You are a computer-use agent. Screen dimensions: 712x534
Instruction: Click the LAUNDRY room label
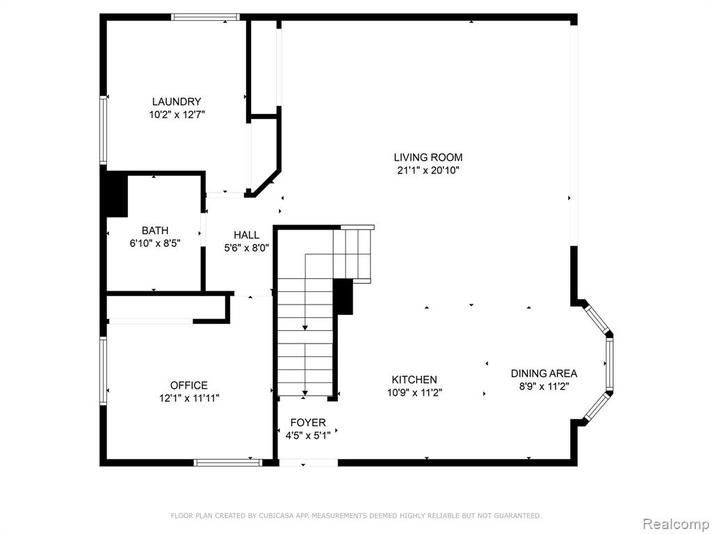176,102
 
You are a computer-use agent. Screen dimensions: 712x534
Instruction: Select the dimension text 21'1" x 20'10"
428,171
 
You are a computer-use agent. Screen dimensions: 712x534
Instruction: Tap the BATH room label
155,230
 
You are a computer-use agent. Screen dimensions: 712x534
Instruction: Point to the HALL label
247,235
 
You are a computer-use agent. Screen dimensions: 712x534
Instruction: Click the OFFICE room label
189,385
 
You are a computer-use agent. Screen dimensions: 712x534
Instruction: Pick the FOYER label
308,423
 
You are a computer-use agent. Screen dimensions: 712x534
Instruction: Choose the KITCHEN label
414,380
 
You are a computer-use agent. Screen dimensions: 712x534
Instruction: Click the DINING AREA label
544,373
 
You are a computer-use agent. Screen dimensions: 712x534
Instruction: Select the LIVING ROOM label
428,158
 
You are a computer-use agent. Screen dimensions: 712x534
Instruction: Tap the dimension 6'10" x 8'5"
155,243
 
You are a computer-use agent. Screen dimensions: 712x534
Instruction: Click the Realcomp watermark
676,524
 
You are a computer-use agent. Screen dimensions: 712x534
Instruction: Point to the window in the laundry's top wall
206,17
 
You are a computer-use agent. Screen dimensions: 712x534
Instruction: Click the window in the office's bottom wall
228,462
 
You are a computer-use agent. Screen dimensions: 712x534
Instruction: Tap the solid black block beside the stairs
343,296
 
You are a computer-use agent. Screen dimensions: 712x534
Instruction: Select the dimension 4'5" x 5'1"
308,436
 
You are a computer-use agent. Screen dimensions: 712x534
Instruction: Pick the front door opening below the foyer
308,462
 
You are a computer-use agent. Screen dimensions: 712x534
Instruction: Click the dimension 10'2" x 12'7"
177,115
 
